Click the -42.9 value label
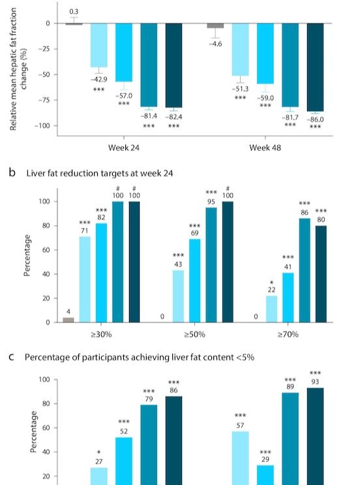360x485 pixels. (99, 80)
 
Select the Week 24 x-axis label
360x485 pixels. (124, 148)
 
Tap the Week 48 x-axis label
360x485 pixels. (265, 148)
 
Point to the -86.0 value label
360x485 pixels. (315, 119)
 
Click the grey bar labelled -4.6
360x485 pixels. (215, 25)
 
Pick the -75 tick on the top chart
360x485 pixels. (44, 101)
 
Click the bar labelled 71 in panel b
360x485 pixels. (85, 279)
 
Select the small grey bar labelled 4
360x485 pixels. (68, 320)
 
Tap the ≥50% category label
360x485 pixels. (195, 335)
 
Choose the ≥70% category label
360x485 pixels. (288, 335)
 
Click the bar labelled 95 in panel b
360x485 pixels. (211, 265)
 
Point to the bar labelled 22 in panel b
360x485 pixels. (271, 309)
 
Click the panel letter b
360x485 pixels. (12, 172)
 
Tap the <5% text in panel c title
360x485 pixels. (245, 358)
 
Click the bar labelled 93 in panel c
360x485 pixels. (315, 436)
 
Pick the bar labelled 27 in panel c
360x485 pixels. (99, 477)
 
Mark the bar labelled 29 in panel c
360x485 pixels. (265, 475)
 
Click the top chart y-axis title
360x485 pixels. (18, 69)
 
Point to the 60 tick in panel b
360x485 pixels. (46, 250)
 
